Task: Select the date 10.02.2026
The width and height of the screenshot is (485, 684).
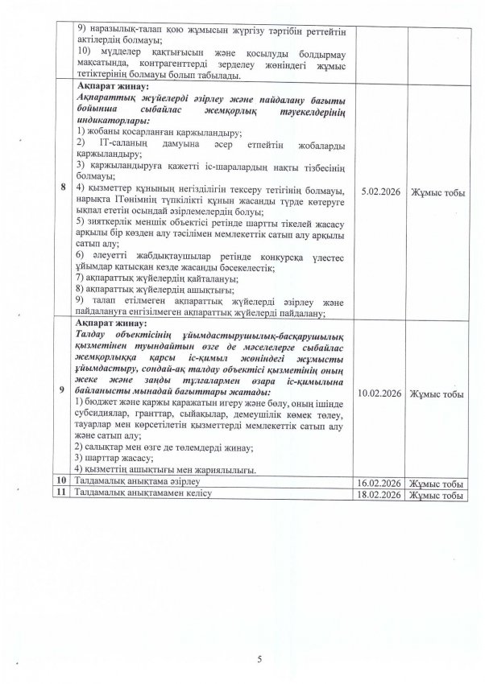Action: point(379,394)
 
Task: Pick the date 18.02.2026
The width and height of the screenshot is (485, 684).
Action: point(379,495)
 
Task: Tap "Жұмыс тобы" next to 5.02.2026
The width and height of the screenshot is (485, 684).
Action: point(436,192)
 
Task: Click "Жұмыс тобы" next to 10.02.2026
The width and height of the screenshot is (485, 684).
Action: point(436,394)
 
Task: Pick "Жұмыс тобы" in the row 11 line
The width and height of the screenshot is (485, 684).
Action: point(436,495)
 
